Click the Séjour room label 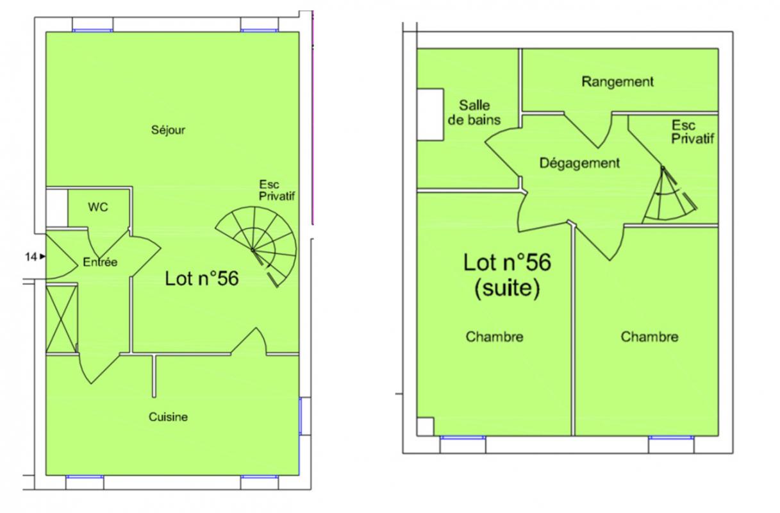coord(168,130)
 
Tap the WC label coord(98,207)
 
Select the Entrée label coord(100,262)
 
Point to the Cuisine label coord(168,417)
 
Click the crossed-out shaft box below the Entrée coord(62,319)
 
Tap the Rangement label coord(618,82)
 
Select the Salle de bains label coord(474,113)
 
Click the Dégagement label coord(580,163)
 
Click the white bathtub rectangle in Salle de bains coord(431,115)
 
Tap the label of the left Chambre coord(494,337)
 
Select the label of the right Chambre coord(650,337)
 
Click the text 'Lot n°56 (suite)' coord(507,275)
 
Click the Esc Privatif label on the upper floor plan coord(693,132)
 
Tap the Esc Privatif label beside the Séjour coord(277,190)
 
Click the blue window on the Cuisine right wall coord(300,416)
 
